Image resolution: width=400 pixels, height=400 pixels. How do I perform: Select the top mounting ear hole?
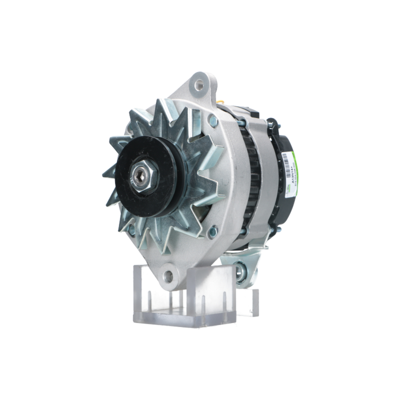(198, 84)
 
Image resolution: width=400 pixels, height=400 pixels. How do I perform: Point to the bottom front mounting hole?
(169, 275)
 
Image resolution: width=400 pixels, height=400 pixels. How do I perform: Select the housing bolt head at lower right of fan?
(213, 231)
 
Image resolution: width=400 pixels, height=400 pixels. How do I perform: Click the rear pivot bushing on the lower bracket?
(241, 272)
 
